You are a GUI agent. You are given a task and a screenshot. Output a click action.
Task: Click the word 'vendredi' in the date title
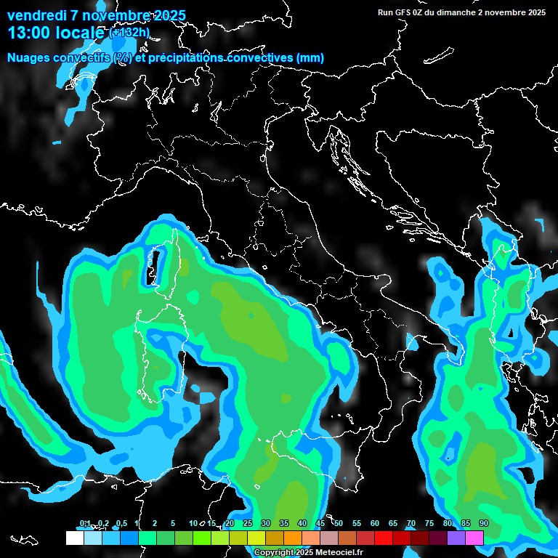[x=36, y=15]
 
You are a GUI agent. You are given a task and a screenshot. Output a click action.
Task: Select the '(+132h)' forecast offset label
[x=129, y=32]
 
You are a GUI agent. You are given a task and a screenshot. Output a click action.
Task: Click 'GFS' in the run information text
[x=404, y=12]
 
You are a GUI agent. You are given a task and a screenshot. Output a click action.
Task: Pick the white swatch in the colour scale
[x=75, y=538]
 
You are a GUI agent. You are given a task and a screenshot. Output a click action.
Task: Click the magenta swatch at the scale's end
[x=474, y=538]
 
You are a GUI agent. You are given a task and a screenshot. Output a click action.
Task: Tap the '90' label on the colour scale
[x=484, y=524]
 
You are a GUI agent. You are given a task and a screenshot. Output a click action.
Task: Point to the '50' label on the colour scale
[x=339, y=524]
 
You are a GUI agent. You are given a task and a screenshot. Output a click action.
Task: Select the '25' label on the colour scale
[x=248, y=524]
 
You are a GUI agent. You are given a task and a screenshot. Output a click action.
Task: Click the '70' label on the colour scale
[x=411, y=524]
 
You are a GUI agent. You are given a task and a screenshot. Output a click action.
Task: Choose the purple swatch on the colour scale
[x=456, y=538]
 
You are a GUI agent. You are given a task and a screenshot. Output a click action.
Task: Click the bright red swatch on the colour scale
[x=384, y=538]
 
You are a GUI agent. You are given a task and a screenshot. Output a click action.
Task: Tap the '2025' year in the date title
[x=167, y=15]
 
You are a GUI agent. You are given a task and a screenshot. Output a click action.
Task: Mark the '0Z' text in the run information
[x=420, y=12]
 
